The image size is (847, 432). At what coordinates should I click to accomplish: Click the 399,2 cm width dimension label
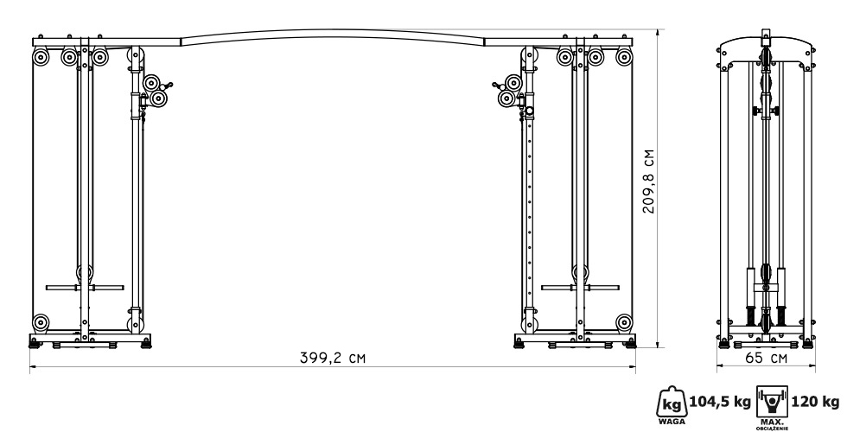click(332, 358)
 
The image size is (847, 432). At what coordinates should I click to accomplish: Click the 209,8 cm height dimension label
click(648, 181)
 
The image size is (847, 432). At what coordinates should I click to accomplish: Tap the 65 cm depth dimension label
click(766, 358)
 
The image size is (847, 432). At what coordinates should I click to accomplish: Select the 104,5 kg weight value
click(720, 402)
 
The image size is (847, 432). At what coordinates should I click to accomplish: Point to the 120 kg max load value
click(816, 402)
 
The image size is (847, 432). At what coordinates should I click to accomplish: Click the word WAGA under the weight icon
click(672, 422)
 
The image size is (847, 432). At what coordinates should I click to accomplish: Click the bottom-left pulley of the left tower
click(41, 322)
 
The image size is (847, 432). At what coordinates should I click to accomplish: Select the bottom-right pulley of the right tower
click(624, 322)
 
